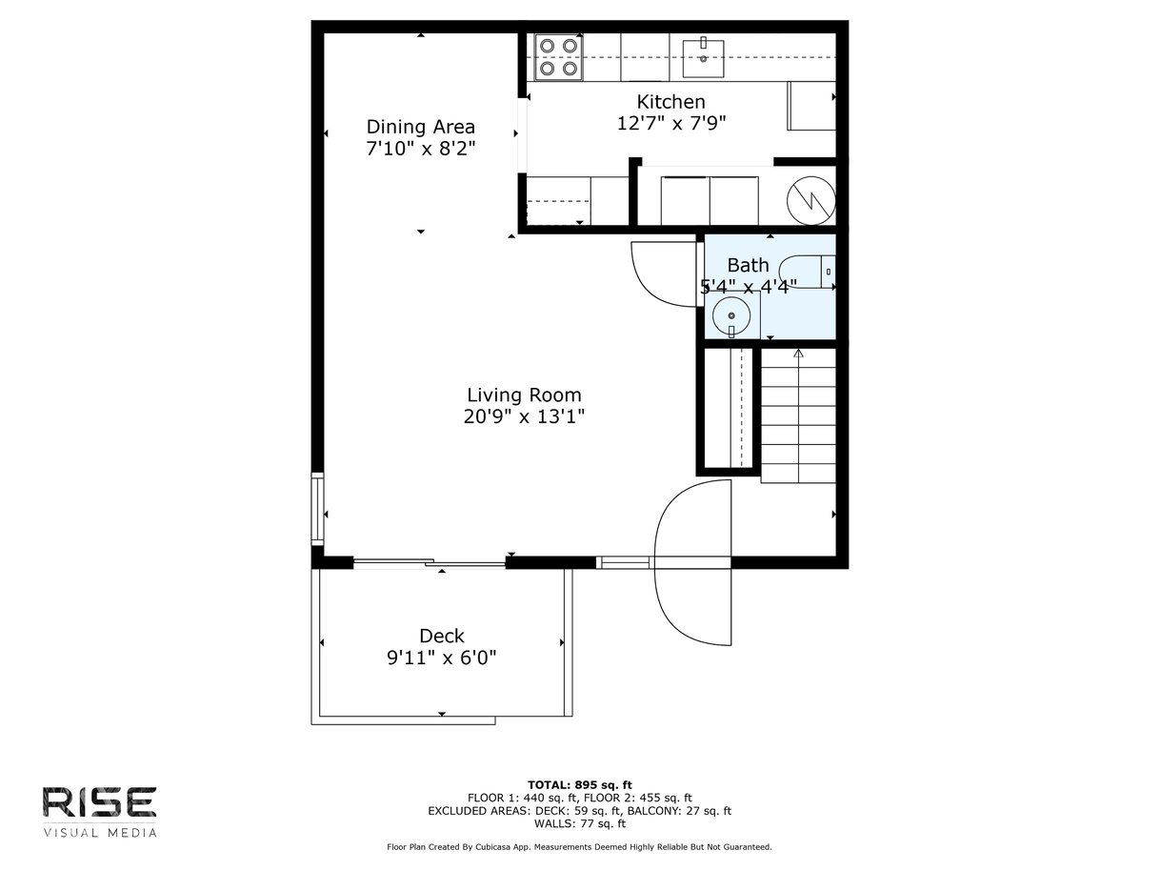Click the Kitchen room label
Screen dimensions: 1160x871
(670, 102)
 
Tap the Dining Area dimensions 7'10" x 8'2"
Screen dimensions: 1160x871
(421, 149)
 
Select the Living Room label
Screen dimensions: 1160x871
(524, 395)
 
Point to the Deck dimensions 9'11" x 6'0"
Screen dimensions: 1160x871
(442, 658)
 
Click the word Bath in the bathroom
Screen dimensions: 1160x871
(748, 265)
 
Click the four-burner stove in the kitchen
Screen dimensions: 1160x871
(558, 57)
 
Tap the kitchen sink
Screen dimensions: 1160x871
(703, 57)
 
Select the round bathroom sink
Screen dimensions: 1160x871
(731, 315)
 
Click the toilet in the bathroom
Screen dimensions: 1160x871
(807, 272)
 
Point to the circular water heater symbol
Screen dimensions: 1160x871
(811, 201)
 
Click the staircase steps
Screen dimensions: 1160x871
(798, 415)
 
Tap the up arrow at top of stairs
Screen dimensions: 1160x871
(798, 354)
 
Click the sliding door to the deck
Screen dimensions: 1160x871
(430, 562)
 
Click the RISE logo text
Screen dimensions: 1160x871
(99, 802)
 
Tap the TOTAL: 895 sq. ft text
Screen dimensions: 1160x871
(580, 785)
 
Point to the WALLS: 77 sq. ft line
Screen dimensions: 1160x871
(580, 823)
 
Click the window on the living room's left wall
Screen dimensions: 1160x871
(317, 509)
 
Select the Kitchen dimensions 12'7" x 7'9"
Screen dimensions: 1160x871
(671, 123)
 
